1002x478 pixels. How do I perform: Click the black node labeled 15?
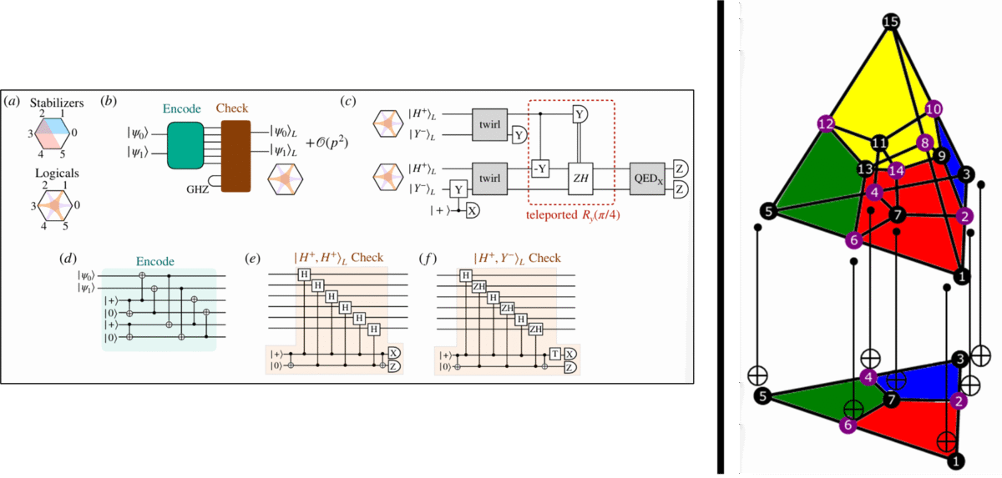(891, 22)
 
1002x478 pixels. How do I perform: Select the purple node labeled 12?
(827, 123)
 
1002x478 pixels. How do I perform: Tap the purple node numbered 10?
(934, 108)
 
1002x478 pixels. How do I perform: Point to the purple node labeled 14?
(897, 170)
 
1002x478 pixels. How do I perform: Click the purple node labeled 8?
(924, 142)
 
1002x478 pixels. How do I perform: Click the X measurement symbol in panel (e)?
(393, 354)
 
